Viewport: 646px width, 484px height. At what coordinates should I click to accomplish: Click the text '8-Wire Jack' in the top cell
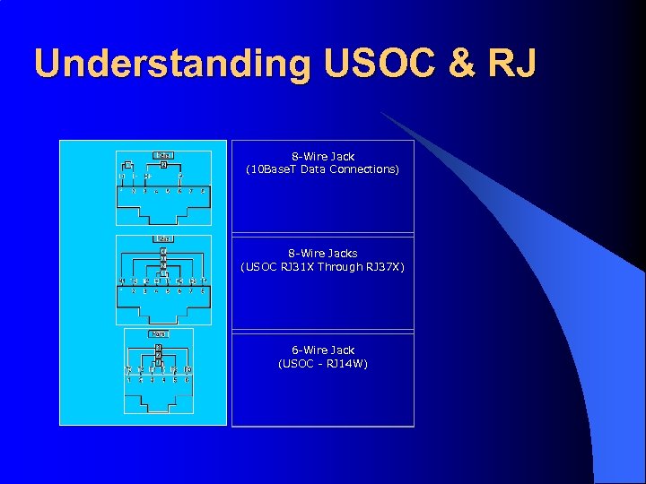pyautogui.click(x=323, y=157)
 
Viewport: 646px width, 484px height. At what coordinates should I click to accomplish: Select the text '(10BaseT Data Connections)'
pyautogui.click(x=323, y=169)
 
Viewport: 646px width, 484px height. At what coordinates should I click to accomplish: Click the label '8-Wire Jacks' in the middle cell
pyautogui.click(x=323, y=254)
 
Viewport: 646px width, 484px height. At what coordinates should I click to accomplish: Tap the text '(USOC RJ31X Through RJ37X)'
pyautogui.click(x=323, y=266)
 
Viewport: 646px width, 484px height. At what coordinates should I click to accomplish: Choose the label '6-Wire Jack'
pyautogui.click(x=323, y=350)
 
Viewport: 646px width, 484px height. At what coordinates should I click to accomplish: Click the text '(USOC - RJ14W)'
pyautogui.click(x=323, y=363)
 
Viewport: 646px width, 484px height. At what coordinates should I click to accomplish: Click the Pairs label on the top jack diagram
pyautogui.click(x=163, y=155)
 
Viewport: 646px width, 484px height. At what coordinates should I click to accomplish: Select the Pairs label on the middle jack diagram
pyautogui.click(x=163, y=238)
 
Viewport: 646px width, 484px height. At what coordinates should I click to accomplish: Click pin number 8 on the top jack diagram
pyautogui.click(x=204, y=191)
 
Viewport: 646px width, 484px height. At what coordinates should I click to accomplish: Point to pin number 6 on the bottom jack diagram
pyautogui.click(x=188, y=380)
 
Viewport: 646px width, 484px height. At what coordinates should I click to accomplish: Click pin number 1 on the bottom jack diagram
pyautogui.click(x=128, y=380)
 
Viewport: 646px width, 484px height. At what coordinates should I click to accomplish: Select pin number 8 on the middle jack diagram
pyautogui.click(x=204, y=290)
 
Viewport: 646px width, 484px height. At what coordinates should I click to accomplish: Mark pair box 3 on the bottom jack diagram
pyautogui.click(x=158, y=346)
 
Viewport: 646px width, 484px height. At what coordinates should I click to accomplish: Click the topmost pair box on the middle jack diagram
pyautogui.click(x=163, y=250)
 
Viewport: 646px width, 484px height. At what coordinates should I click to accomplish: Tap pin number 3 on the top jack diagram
pyautogui.click(x=145, y=191)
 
